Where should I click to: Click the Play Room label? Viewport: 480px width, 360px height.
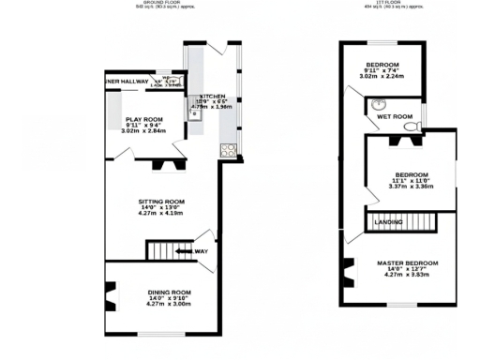pyautogui.click(x=143, y=118)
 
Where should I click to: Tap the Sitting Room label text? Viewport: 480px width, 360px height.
pyautogui.click(x=161, y=202)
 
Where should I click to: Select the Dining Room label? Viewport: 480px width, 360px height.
pyautogui.click(x=169, y=292)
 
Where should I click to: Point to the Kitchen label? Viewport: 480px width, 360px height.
pyautogui.click(x=211, y=96)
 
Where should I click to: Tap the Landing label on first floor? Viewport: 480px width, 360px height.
pyautogui.click(x=389, y=222)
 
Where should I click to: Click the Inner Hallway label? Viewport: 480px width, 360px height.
pyautogui.click(x=127, y=82)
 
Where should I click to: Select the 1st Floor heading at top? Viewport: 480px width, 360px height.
pyautogui.click(x=380, y=3)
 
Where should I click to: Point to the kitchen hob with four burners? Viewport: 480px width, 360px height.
pyautogui.click(x=226, y=149)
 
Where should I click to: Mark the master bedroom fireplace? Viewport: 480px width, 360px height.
pyautogui.click(x=350, y=274)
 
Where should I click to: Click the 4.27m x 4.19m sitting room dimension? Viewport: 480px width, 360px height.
pyautogui.click(x=162, y=215)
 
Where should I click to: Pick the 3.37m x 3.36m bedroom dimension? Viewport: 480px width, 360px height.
pyautogui.click(x=411, y=187)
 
